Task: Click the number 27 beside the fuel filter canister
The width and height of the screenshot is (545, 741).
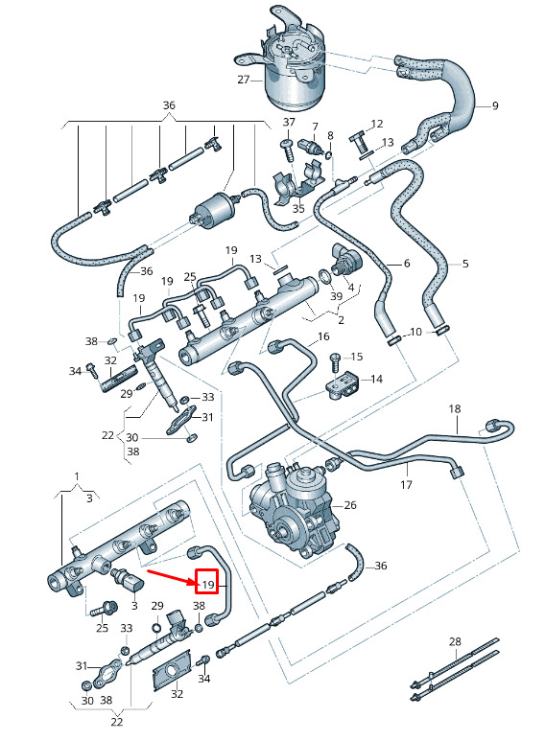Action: tap(243, 80)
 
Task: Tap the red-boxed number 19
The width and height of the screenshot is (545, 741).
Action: tap(208, 585)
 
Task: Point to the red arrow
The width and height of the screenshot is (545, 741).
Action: tap(171, 577)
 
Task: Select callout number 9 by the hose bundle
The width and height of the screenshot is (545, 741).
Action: tap(495, 105)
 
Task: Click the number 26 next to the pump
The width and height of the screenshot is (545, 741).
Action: tap(350, 505)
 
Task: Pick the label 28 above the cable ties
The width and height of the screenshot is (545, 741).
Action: tap(455, 641)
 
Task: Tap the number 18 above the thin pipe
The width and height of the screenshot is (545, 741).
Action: tap(455, 408)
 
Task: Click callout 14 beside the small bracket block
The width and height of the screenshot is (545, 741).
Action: tap(376, 379)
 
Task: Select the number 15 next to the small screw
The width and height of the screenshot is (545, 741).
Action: tap(357, 357)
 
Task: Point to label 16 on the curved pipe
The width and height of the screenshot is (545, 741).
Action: tap(323, 336)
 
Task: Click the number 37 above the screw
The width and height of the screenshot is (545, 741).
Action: tap(289, 122)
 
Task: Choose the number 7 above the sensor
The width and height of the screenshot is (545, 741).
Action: tap(315, 127)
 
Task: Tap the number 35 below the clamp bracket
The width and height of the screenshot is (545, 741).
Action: tap(298, 208)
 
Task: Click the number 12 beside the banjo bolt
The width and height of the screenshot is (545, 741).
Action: tap(377, 124)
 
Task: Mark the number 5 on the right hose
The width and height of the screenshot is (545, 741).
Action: tap(465, 264)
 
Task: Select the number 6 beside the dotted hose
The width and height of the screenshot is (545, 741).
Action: tap(407, 264)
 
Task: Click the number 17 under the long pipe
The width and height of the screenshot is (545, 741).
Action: tap(406, 484)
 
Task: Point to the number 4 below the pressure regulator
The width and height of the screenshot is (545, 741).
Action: tap(350, 288)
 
